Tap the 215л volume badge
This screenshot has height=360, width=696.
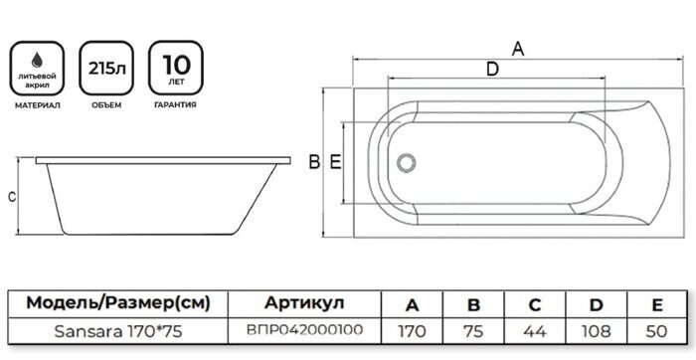click(107, 68)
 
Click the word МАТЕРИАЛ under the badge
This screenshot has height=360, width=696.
click(41, 104)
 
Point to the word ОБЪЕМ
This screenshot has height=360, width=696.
click(107, 104)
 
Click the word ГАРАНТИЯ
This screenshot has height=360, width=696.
click(174, 104)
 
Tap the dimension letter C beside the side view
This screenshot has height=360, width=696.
click(11, 196)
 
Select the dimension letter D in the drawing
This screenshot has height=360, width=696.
click(492, 69)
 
